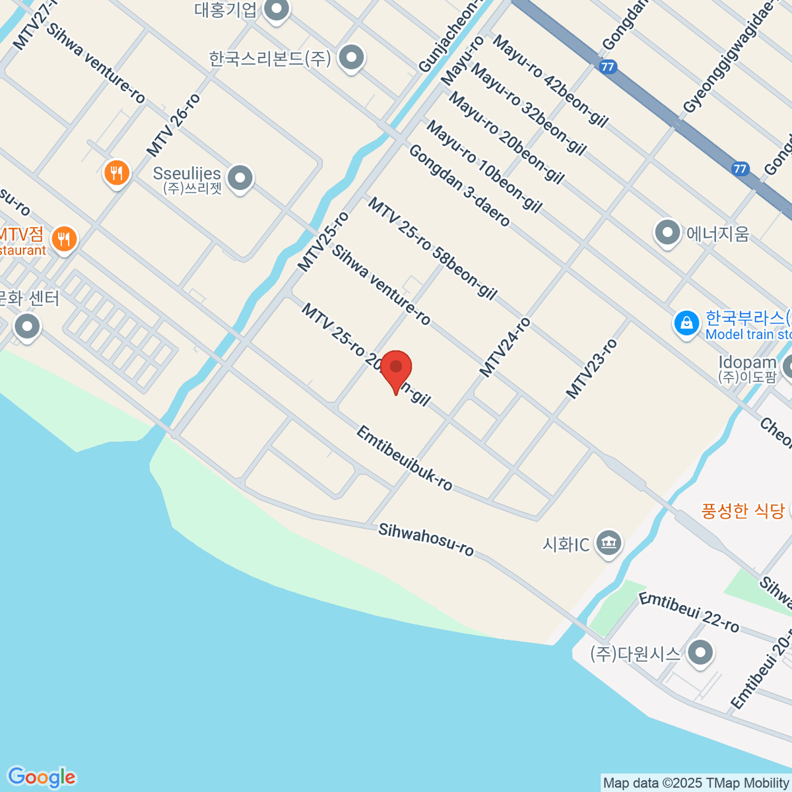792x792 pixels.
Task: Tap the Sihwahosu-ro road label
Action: coord(426,539)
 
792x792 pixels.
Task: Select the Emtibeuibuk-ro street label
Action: coord(405,459)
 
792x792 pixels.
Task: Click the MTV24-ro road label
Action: coord(505,347)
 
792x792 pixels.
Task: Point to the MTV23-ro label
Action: coord(591,368)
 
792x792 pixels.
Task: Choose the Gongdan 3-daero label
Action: coord(459,185)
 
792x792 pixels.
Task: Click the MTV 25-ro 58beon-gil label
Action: coord(432,248)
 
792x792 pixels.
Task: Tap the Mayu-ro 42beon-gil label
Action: coord(550,81)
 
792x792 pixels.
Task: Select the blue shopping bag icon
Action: coord(686,324)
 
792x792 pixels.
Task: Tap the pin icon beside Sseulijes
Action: coord(240,178)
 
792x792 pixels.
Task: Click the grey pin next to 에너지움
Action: coord(667,233)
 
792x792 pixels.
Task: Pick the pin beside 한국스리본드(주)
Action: coord(351,58)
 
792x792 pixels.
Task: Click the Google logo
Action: coord(42,777)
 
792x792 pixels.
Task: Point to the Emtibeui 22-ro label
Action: coord(689,612)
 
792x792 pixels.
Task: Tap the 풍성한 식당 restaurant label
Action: coord(742,511)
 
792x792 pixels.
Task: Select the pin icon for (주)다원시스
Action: coord(700,653)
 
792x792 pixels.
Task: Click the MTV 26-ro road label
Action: coord(173,125)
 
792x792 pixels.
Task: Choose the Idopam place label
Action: coord(747,362)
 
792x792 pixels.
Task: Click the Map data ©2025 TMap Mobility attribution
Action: coord(696,783)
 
